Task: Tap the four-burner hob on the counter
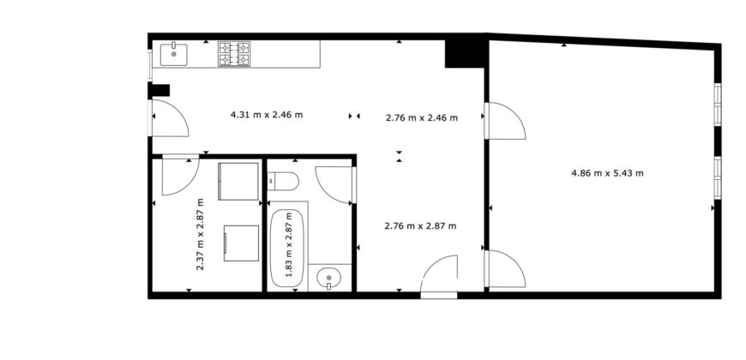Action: click(233, 54)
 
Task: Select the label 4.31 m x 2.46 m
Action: click(267, 114)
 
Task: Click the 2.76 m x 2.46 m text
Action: click(422, 117)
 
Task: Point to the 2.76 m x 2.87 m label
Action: click(420, 225)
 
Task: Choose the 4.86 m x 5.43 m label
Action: click(607, 172)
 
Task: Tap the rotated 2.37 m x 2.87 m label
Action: click(201, 236)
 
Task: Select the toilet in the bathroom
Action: click(282, 182)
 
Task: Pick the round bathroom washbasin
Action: click(328, 278)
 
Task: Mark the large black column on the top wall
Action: click(464, 51)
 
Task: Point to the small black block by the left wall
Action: click(160, 90)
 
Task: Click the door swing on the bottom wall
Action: click(441, 277)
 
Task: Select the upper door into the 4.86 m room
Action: click(504, 121)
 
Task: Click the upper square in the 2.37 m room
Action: click(238, 181)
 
